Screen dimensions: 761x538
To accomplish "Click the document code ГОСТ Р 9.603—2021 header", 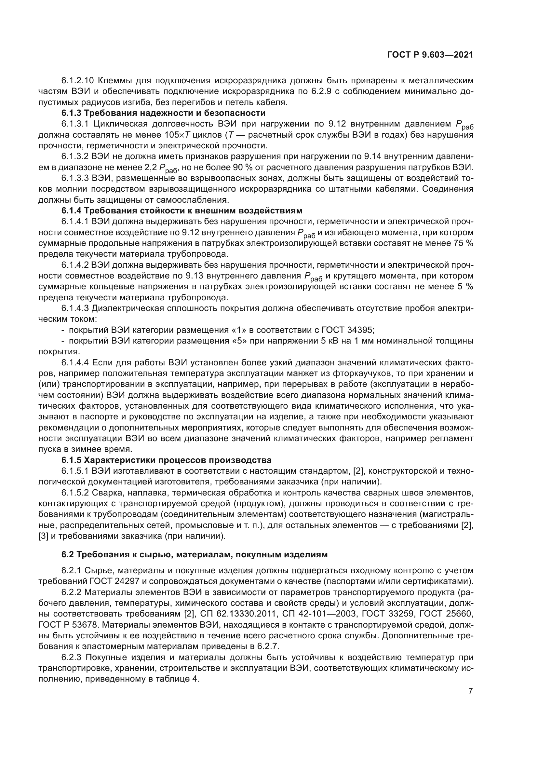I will tap(430, 55).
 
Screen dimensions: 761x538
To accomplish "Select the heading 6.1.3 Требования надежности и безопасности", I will tap(163, 113).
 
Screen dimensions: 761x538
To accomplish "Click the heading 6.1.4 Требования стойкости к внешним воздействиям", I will tap(182, 211).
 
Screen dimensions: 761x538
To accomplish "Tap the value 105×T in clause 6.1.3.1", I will tap(180, 135).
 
